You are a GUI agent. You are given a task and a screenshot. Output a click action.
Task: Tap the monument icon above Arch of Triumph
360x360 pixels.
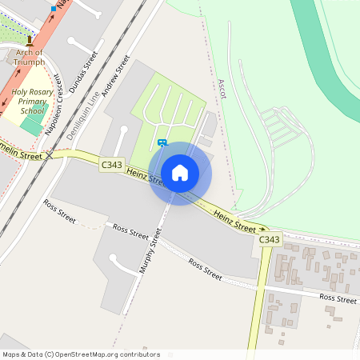30,40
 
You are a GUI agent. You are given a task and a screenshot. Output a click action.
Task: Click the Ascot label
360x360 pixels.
222,89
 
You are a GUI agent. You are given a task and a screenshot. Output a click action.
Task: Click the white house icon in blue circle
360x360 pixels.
180,173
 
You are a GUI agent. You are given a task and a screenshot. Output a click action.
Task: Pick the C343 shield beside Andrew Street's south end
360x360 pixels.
113,164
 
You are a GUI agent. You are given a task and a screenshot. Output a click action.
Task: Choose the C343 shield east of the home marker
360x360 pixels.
270,239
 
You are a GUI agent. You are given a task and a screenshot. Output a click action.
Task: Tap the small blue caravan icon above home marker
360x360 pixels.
162,143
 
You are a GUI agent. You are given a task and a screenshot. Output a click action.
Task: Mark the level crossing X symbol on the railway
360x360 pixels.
49,154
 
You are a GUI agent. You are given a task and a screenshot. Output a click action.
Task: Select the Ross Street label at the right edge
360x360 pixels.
338,298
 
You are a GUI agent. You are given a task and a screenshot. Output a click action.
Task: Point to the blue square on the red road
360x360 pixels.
54,8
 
